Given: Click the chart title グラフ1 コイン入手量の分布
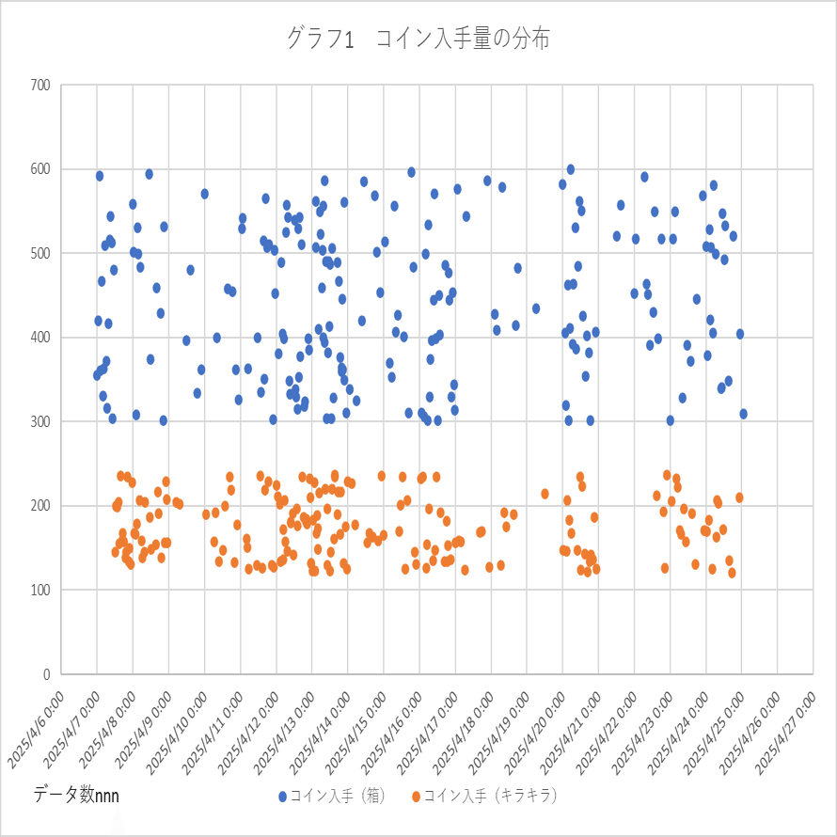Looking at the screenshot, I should point(418,39).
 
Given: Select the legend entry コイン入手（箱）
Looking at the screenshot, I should point(339,796).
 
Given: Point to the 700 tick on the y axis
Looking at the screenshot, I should point(39,86).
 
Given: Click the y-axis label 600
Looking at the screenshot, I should point(39,169).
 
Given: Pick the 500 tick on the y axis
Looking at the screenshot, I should point(39,254).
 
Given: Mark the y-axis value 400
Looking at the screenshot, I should point(39,338).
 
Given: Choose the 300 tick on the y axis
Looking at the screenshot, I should point(39,422).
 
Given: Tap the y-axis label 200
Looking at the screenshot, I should point(39,506).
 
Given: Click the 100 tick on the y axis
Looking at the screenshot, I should point(39,591).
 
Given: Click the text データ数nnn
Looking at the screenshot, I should point(76,796).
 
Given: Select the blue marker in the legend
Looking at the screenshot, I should point(282,797).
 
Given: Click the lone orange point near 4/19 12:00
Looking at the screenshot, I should point(545,494).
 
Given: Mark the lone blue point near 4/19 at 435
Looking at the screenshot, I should point(536,308).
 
